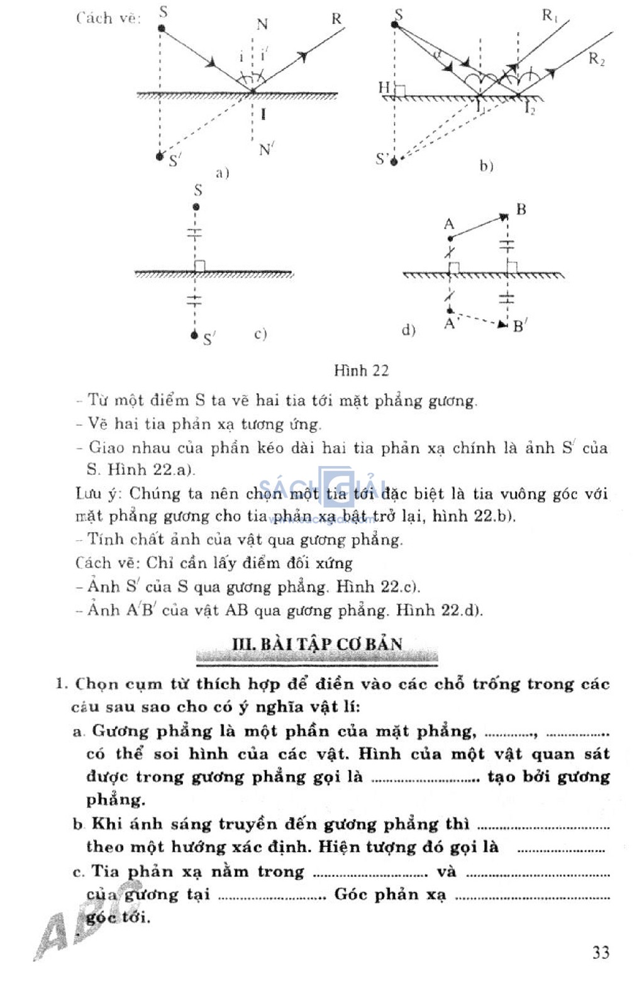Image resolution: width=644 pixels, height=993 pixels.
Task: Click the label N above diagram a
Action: (262, 25)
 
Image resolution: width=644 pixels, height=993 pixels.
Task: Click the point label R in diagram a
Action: (336, 19)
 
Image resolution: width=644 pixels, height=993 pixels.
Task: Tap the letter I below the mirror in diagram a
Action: (263, 114)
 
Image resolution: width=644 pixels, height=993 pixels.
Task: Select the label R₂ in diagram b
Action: (596, 59)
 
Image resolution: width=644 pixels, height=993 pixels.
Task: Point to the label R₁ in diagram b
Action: (550, 15)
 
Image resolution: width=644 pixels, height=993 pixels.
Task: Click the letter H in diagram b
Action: (384, 87)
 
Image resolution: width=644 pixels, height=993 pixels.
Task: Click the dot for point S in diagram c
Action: (197, 207)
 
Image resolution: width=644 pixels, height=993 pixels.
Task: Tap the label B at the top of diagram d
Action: (521, 209)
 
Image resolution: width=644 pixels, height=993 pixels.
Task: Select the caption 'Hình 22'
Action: (361, 370)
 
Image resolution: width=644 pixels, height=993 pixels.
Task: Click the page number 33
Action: (601, 952)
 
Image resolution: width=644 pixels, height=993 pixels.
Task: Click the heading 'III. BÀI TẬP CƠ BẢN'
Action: (317, 644)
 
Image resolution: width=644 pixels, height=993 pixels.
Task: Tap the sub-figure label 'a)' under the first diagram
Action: (222, 172)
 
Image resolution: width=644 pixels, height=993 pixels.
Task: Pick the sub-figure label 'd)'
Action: (409, 330)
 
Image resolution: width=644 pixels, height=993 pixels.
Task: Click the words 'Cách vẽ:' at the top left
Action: (108, 18)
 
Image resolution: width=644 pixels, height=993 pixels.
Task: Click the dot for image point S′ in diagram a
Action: (160, 156)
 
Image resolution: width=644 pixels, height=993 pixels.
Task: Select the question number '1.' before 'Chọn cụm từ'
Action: (62, 684)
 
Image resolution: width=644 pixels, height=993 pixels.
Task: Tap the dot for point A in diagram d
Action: (450, 239)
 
